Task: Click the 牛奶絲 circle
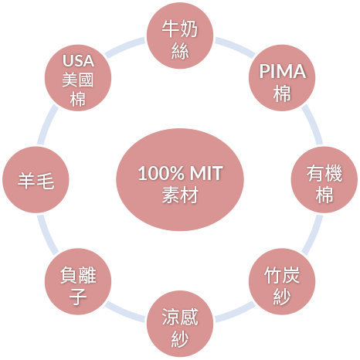[x=180, y=36]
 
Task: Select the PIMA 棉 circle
[x=282, y=78]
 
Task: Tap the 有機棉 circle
[x=324, y=180]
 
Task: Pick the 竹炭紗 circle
[x=282, y=282]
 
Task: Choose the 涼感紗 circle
[x=180, y=324]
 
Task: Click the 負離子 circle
[x=78, y=282]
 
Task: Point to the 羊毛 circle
[x=36, y=180]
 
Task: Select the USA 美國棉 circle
[x=78, y=78]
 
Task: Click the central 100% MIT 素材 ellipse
[x=180, y=180]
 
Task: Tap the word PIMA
[x=283, y=71]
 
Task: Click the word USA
[x=78, y=61]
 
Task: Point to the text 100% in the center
[x=161, y=173]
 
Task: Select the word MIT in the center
[x=206, y=173]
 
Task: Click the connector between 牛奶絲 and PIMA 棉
[x=236, y=47]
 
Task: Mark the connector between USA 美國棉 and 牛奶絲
[x=124, y=47]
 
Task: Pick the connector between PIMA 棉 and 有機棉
[x=313, y=124]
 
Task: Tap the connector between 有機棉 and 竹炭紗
[x=313, y=235]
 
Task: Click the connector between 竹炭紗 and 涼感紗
[x=236, y=312]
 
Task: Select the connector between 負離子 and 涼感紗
[x=124, y=312]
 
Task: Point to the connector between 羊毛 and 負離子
[x=47, y=235]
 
